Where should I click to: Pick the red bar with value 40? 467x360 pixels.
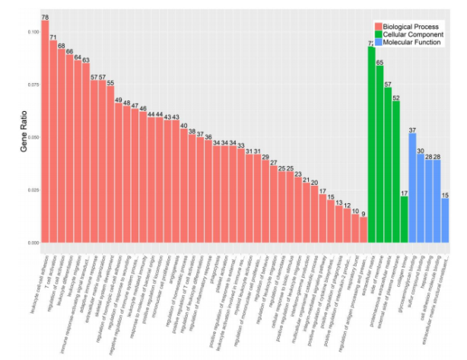coord(184,186)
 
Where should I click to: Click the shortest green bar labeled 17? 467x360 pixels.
coord(404,220)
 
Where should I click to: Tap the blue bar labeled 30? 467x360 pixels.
coord(421,199)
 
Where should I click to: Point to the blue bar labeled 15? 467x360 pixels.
coord(445,220)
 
